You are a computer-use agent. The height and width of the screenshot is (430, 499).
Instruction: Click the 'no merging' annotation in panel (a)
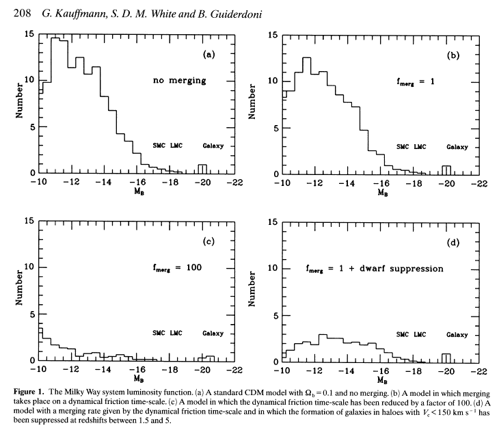[x=179, y=81]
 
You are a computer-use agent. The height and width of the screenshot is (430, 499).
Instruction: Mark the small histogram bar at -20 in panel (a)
[x=202, y=169]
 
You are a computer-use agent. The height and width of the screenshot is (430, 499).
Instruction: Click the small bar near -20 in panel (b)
[x=446, y=170]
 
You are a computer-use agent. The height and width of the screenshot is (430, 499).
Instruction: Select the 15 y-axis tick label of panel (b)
[x=271, y=34]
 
